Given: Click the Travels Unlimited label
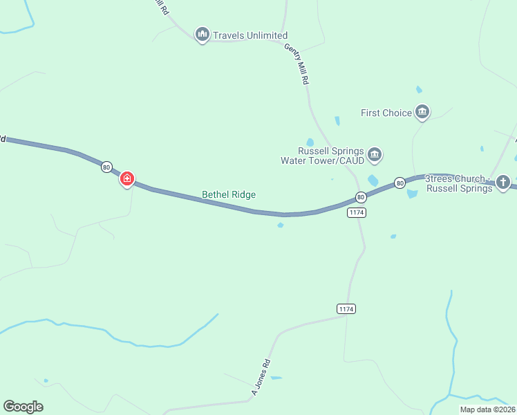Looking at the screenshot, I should click(250, 35).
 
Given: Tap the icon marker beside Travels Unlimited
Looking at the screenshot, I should click(203, 34).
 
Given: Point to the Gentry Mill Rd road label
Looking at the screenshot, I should click(297, 64).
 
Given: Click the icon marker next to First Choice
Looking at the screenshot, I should click(422, 112).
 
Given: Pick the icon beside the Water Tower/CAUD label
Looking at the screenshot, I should click(375, 154).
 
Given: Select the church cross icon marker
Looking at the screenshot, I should click(503, 183).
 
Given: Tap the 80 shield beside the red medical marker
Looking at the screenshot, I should click(106, 167).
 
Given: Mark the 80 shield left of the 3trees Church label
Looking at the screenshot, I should click(399, 183).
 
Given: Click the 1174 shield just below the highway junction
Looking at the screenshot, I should click(356, 212).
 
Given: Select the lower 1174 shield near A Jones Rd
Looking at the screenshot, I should click(346, 308).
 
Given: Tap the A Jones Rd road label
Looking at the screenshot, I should click(260, 378).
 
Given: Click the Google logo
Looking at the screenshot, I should click(23, 406).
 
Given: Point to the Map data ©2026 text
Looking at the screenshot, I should click(487, 409).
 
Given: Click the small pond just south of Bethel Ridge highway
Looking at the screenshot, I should click(280, 225).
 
